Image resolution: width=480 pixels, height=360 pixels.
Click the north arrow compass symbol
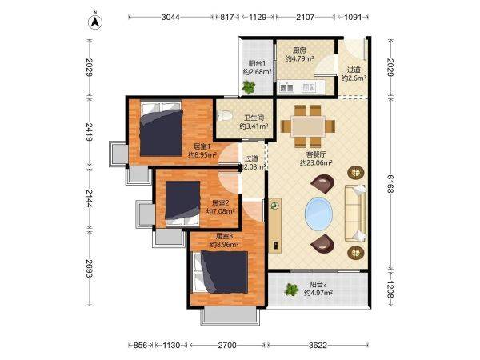coord(95,22)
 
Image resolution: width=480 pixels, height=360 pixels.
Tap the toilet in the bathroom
coord(224,116)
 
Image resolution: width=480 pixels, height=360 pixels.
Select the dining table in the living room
coord(308,126)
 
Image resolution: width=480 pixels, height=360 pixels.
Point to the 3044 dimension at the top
coord(170,17)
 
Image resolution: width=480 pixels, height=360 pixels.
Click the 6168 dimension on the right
coord(390,184)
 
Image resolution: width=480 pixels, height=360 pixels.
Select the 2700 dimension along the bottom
coord(227,346)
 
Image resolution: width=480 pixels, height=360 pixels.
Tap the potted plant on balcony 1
coord(249,87)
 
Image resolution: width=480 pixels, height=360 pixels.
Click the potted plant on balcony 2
coord(291,290)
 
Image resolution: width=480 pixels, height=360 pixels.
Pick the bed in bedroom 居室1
coord(162,129)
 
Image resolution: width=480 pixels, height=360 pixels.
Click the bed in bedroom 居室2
coord(182,203)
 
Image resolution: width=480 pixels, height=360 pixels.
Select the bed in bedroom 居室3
coord(221,272)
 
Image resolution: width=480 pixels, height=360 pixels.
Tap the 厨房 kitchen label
coord(299,50)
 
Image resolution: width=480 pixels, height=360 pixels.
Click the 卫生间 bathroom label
coord(254,118)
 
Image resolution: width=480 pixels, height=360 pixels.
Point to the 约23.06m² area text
coord(316,163)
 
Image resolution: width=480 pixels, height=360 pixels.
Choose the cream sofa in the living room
coord(355,213)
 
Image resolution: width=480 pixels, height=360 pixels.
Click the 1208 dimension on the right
coord(390,289)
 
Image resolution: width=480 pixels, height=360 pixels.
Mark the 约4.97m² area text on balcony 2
coord(318,293)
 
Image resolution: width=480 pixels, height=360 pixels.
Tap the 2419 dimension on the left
coord(89,132)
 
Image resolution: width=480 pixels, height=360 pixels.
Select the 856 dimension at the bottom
coord(141,346)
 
